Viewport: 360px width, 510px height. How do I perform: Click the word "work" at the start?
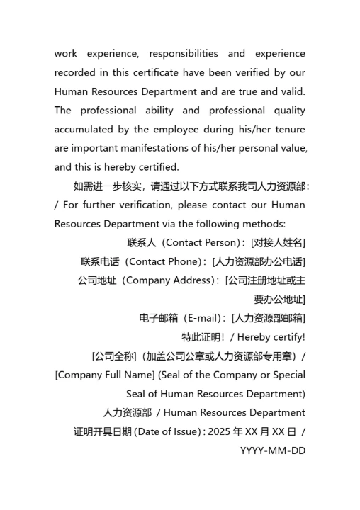66,54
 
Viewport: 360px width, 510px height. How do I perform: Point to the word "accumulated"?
86,130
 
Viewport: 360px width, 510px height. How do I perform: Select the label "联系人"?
141,243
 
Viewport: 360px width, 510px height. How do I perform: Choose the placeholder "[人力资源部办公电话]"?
259,262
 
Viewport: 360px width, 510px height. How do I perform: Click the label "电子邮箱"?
157,319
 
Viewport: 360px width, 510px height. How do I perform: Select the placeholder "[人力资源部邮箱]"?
269,319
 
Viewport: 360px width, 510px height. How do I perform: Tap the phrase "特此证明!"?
202,337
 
